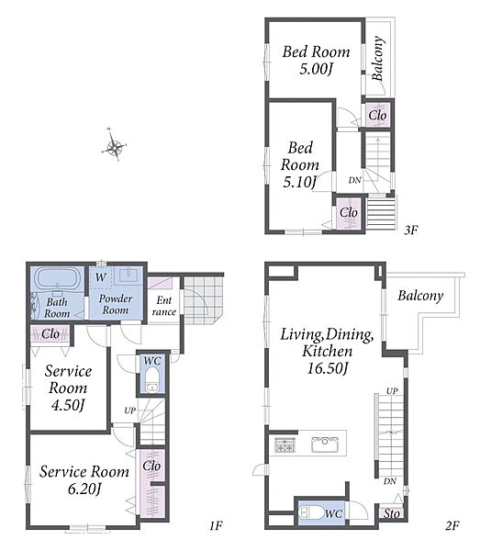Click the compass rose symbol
click(x=115, y=147)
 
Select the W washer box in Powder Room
click(x=101, y=277)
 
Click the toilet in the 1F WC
click(x=152, y=379)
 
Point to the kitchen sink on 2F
click(x=325, y=444)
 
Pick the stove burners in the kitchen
click(x=285, y=444)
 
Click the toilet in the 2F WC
click(x=311, y=512)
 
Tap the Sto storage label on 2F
click(x=392, y=513)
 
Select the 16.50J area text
click(x=328, y=368)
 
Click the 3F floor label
click(x=410, y=231)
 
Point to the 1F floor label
click(x=217, y=526)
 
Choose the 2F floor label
click(x=452, y=526)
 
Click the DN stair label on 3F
click(x=355, y=180)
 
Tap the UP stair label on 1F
click(x=130, y=410)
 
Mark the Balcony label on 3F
click(x=377, y=59)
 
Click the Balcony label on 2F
click(x=420, y=296)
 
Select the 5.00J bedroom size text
click(x=316, y=69)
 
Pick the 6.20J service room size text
click(x=84, y=489)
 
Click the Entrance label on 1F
click(x=164, y=306)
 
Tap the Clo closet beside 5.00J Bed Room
click(x=377, y=116)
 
